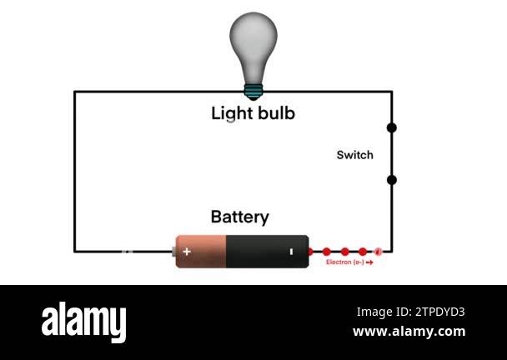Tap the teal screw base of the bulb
click(x=253, y=90)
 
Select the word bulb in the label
click(x=276, y=113)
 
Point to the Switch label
click(x=354, y=155)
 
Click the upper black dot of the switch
click(x=392, y=127)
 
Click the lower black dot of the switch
click(x=392, y=180)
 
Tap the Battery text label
click(x=239, y=217)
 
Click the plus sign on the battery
click(x=187, y=251)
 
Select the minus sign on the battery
click(x=291, y=251)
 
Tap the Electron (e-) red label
click(x=344, y=262)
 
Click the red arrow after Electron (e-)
click(x=369, y=262)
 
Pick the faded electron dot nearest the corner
click(x=378, y=251)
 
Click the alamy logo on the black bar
click(x=83, y=322)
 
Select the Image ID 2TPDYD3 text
click(x=410, y=312)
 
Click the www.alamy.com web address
click(x=409, y=332)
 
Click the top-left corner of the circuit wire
click(x=75, y=92)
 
